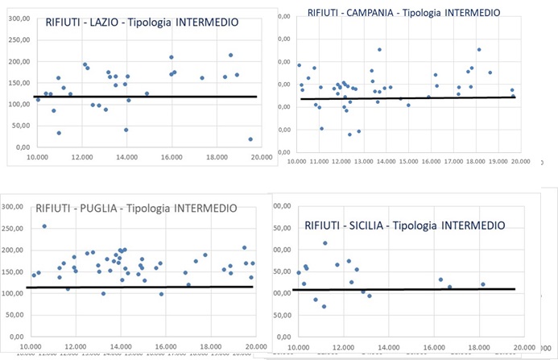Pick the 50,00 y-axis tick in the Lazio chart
point(22,126)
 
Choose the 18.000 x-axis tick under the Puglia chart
point(211,346)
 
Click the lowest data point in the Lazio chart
point(250,139)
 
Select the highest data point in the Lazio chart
point(230,55)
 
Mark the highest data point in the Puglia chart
point(44,226)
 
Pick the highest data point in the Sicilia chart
point(325,243)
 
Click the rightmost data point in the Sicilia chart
point(483,284)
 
